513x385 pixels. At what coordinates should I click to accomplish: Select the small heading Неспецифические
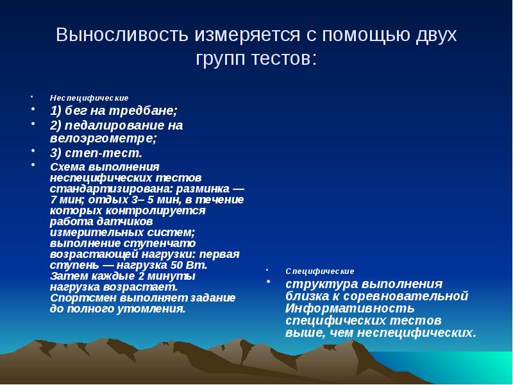click(x=89, y=98)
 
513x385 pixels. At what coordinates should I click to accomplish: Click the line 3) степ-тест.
click(x=96, y=153)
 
